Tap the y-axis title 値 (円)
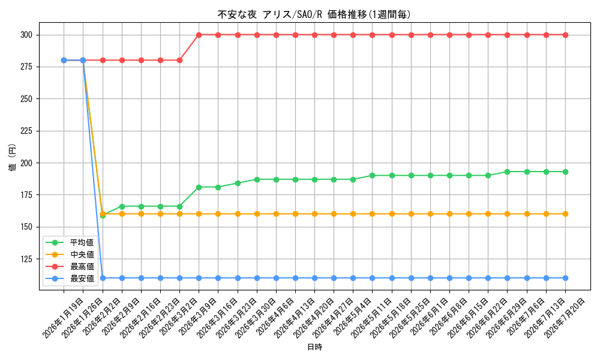[x=13, y=157]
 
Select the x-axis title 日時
[x=314, y=347]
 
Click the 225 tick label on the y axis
[x=27, y=131]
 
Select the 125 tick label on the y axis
[x=27, y=259]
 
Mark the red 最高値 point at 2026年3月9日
[x=199, y=35]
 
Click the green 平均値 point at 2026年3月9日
[x=199, y=187]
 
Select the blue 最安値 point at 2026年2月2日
[x=103, y=278]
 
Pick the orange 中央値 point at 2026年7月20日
[x=565, y=214]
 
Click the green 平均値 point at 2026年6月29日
[x=508, y=172]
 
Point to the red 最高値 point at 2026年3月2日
[x=179, y=60]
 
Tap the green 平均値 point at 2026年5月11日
[x=373, y=176]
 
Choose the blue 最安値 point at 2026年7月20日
[x=565, y=278]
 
